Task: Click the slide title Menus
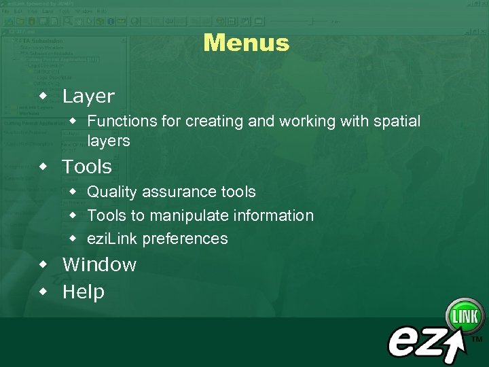pyautogui.click(x=246, y=43)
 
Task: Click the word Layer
pyautogui.click(x=88, y=97)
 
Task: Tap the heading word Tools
pyautogui.click(x=87, y=167)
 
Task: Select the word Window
pyautogui.click(x=99, y=264)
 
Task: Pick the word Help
pyautogui.click(x=84, y=292)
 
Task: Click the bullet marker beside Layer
pyautogui.click(x=43, y=96)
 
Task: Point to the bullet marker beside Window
pyautogui.click(x=43, y=264)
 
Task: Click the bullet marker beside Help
pyautogui.click(x=43, y=292)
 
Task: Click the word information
pyautogui.click(x=274, y=216)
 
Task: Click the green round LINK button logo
pyautogui.click(x=465, y=316)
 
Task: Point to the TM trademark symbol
pyautogui.click(x=477, y=338)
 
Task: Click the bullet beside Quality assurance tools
pyautogui.click(x=73, y=192)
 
